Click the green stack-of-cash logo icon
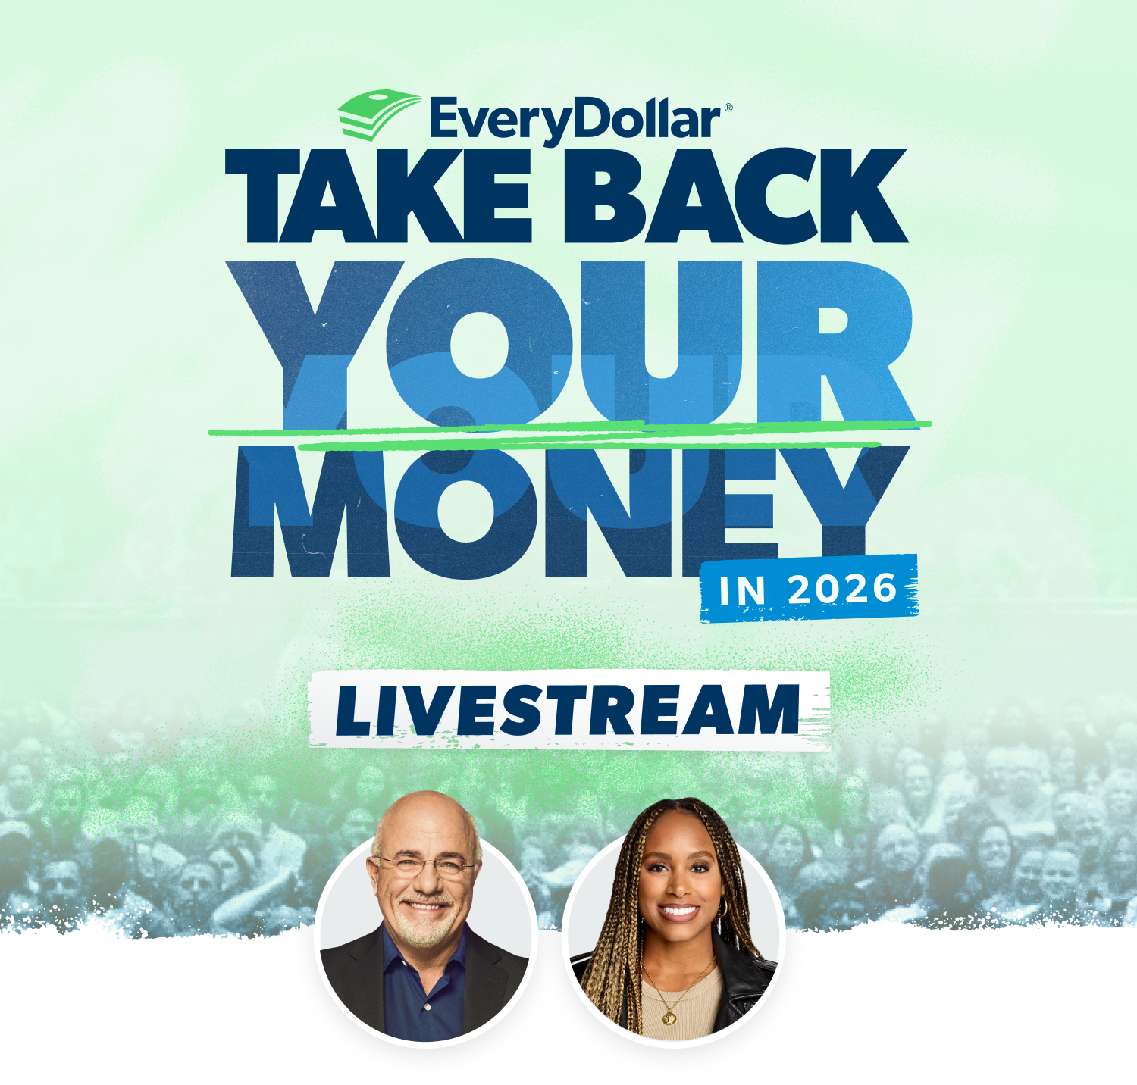377,114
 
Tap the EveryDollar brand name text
575,120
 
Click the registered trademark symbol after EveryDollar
728,108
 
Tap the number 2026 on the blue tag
842,589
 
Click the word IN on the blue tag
742,591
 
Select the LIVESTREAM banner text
568,711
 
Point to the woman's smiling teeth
678,911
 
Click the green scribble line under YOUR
568,432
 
